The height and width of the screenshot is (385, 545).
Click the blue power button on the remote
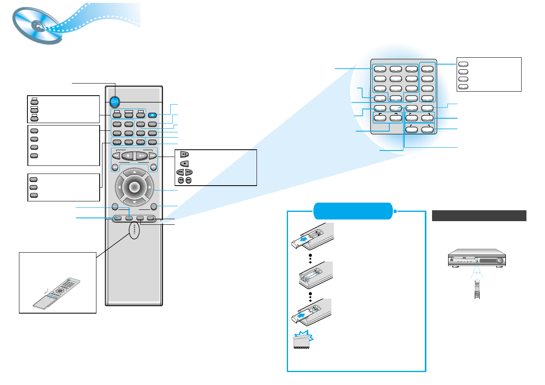tap(114, 101)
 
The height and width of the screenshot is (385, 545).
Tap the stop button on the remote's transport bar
tap(128, 155)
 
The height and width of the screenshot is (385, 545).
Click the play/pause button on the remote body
tap(141, 155)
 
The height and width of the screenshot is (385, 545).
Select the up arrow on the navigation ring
tap(134, 173)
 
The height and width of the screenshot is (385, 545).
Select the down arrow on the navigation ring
tap(134, 201)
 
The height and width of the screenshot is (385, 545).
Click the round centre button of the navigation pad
tap(134, 187)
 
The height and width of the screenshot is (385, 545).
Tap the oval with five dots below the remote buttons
tap(134, 230)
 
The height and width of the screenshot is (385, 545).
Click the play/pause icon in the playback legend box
tap(184, 155)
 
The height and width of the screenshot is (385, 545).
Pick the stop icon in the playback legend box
tap(184, 164)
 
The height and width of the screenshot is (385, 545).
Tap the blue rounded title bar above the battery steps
tap(353, 211)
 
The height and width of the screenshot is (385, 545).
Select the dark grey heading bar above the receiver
tap(479, 216)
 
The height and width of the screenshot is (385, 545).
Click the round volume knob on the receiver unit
tap(500, 261)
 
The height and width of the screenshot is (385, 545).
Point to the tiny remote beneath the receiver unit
tap(477, 290)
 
